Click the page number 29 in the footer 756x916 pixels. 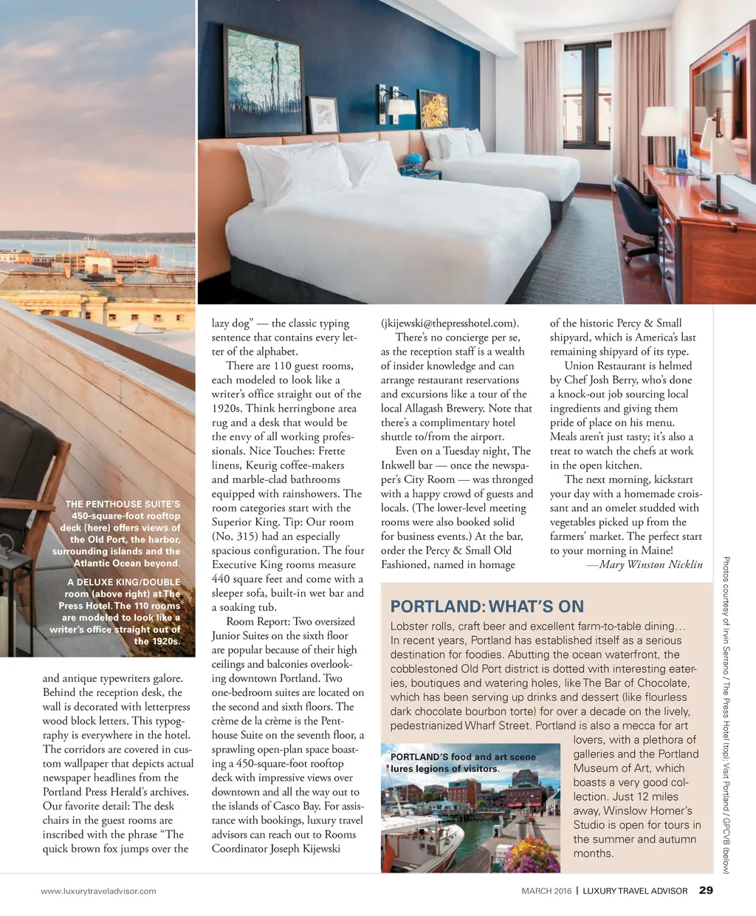pyautogui.click(x=706, y=890)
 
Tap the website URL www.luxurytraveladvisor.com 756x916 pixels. pyautogui.click(x=98, y=891)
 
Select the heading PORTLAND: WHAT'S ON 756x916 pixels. pyautogui.click(x=487, y=606)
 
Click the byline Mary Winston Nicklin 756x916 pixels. pyautogui.click(x=645, y=564)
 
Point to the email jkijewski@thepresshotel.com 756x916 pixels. pyautogui.click(x=450, y=323)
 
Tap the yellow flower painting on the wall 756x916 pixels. pyautogui.click(x=433, y=110)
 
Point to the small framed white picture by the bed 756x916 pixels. pyautogui.click(x=323, y=115)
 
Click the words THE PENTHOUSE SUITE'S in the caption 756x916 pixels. pyautogui.click(x=123, y=504)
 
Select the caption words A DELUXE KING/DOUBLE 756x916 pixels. pyautogui.click(x=123, y=582)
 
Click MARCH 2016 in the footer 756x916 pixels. pyautogui.click(x=546, y=891)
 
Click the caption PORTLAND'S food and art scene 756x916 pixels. pyautogui.click(x=463, y=757)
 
